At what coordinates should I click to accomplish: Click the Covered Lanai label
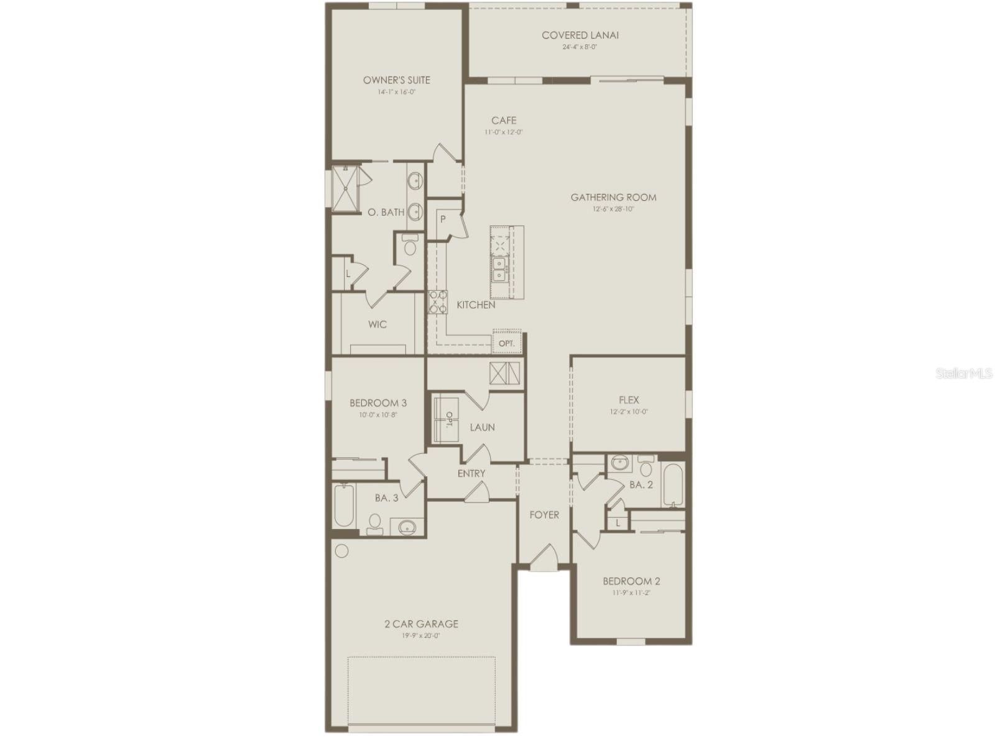(x=580, y=35)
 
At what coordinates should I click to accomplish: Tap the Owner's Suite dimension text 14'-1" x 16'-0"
(x=397, y=92)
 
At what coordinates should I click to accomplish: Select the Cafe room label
(x=504, y=121)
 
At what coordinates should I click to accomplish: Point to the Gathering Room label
(x=613, y=198)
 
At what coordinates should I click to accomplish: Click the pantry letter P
(x=443, y=219)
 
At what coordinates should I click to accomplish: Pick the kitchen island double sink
(x=499, y=269)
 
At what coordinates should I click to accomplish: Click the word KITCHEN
(x=476, y=305)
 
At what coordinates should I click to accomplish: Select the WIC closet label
(x=377, y=325)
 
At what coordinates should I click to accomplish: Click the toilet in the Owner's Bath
(x=409, y=247)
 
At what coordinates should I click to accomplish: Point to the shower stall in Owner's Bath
(x=345, y=189)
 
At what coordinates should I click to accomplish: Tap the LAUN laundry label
(x=482, y=427)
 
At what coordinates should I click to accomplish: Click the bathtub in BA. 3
(x=344, y=505)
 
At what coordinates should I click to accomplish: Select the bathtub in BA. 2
(x=672, y=484)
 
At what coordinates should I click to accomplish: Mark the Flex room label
(x=629, y=400)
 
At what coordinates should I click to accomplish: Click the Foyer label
(x=544, y=515)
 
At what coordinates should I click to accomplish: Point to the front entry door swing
(x=544, y=556)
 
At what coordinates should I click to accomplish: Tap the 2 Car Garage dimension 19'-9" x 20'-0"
(x=421, y=635)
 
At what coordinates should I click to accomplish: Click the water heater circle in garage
(x=342, y=550)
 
